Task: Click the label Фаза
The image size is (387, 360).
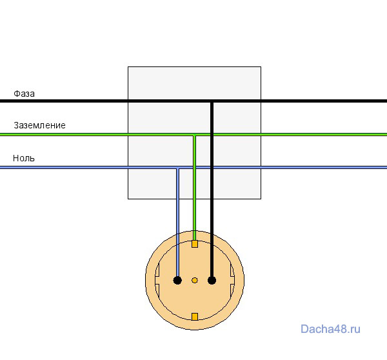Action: (24, 94)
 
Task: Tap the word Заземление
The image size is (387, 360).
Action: (39, 125)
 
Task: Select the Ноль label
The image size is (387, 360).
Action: (24, 158)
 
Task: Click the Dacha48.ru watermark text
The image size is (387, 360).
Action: (330, 329)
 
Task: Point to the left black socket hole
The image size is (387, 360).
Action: (177, 280)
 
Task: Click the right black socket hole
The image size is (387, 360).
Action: (212, 280)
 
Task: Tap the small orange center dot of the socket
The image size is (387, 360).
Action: (195, 280)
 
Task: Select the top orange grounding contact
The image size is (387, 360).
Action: (195, 244)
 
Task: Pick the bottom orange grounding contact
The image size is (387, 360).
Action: (195, 317)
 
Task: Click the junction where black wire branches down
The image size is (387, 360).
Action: (212, 101)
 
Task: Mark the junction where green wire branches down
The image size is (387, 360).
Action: (195, 135)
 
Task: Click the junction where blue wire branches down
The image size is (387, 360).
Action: (178, 168)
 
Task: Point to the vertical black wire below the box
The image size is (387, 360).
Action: (212, 237)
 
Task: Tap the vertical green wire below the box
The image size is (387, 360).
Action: (195, 220)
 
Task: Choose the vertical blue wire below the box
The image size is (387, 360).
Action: (178, 237)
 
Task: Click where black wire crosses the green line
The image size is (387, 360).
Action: (212, 135)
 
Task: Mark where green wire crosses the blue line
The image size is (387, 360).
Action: (195, 168)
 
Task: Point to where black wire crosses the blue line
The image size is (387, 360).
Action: (212, 168)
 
